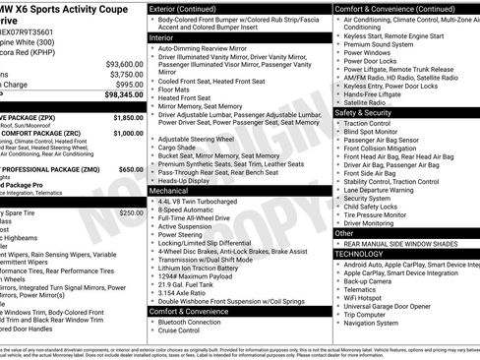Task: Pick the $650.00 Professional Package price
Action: (x=130, y=169)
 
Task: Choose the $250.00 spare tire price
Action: (x=131, y=212)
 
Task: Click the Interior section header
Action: (x=161, y=37)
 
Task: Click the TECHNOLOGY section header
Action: (x=359, y=253)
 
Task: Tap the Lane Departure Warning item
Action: (x=384, y=190)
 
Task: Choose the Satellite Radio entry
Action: (x=367, y=101)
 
